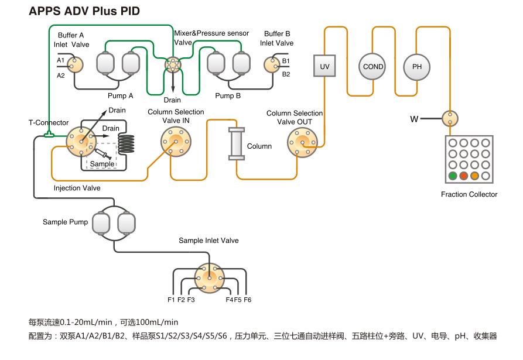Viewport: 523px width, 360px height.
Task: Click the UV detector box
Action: click(x=324, y=66)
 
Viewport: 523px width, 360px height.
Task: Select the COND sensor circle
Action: click(x=372, y=67)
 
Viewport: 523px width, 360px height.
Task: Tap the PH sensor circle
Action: click(x=416, y=67)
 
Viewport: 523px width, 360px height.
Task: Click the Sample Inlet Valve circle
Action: click(x=209, y=277)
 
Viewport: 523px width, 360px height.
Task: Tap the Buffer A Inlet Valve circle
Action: click(x=76, y=65)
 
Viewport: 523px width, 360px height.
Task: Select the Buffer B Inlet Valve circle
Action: click(x=272, y=65)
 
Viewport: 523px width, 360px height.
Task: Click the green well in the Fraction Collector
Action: click(x=453, y=176)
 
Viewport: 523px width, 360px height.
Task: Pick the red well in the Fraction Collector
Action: click(x=463, y=176)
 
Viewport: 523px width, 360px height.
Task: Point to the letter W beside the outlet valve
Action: click(x=414, y=119)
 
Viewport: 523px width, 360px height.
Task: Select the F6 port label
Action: click(x=248, y=300)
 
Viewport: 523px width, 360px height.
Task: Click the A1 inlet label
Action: click(x=60, y=60)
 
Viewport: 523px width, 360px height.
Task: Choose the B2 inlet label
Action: click(x=286, y=74)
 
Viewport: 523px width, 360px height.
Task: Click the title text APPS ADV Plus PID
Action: click(x=84, y=11)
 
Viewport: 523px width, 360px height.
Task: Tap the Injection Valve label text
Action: click(x=77, y=188)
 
